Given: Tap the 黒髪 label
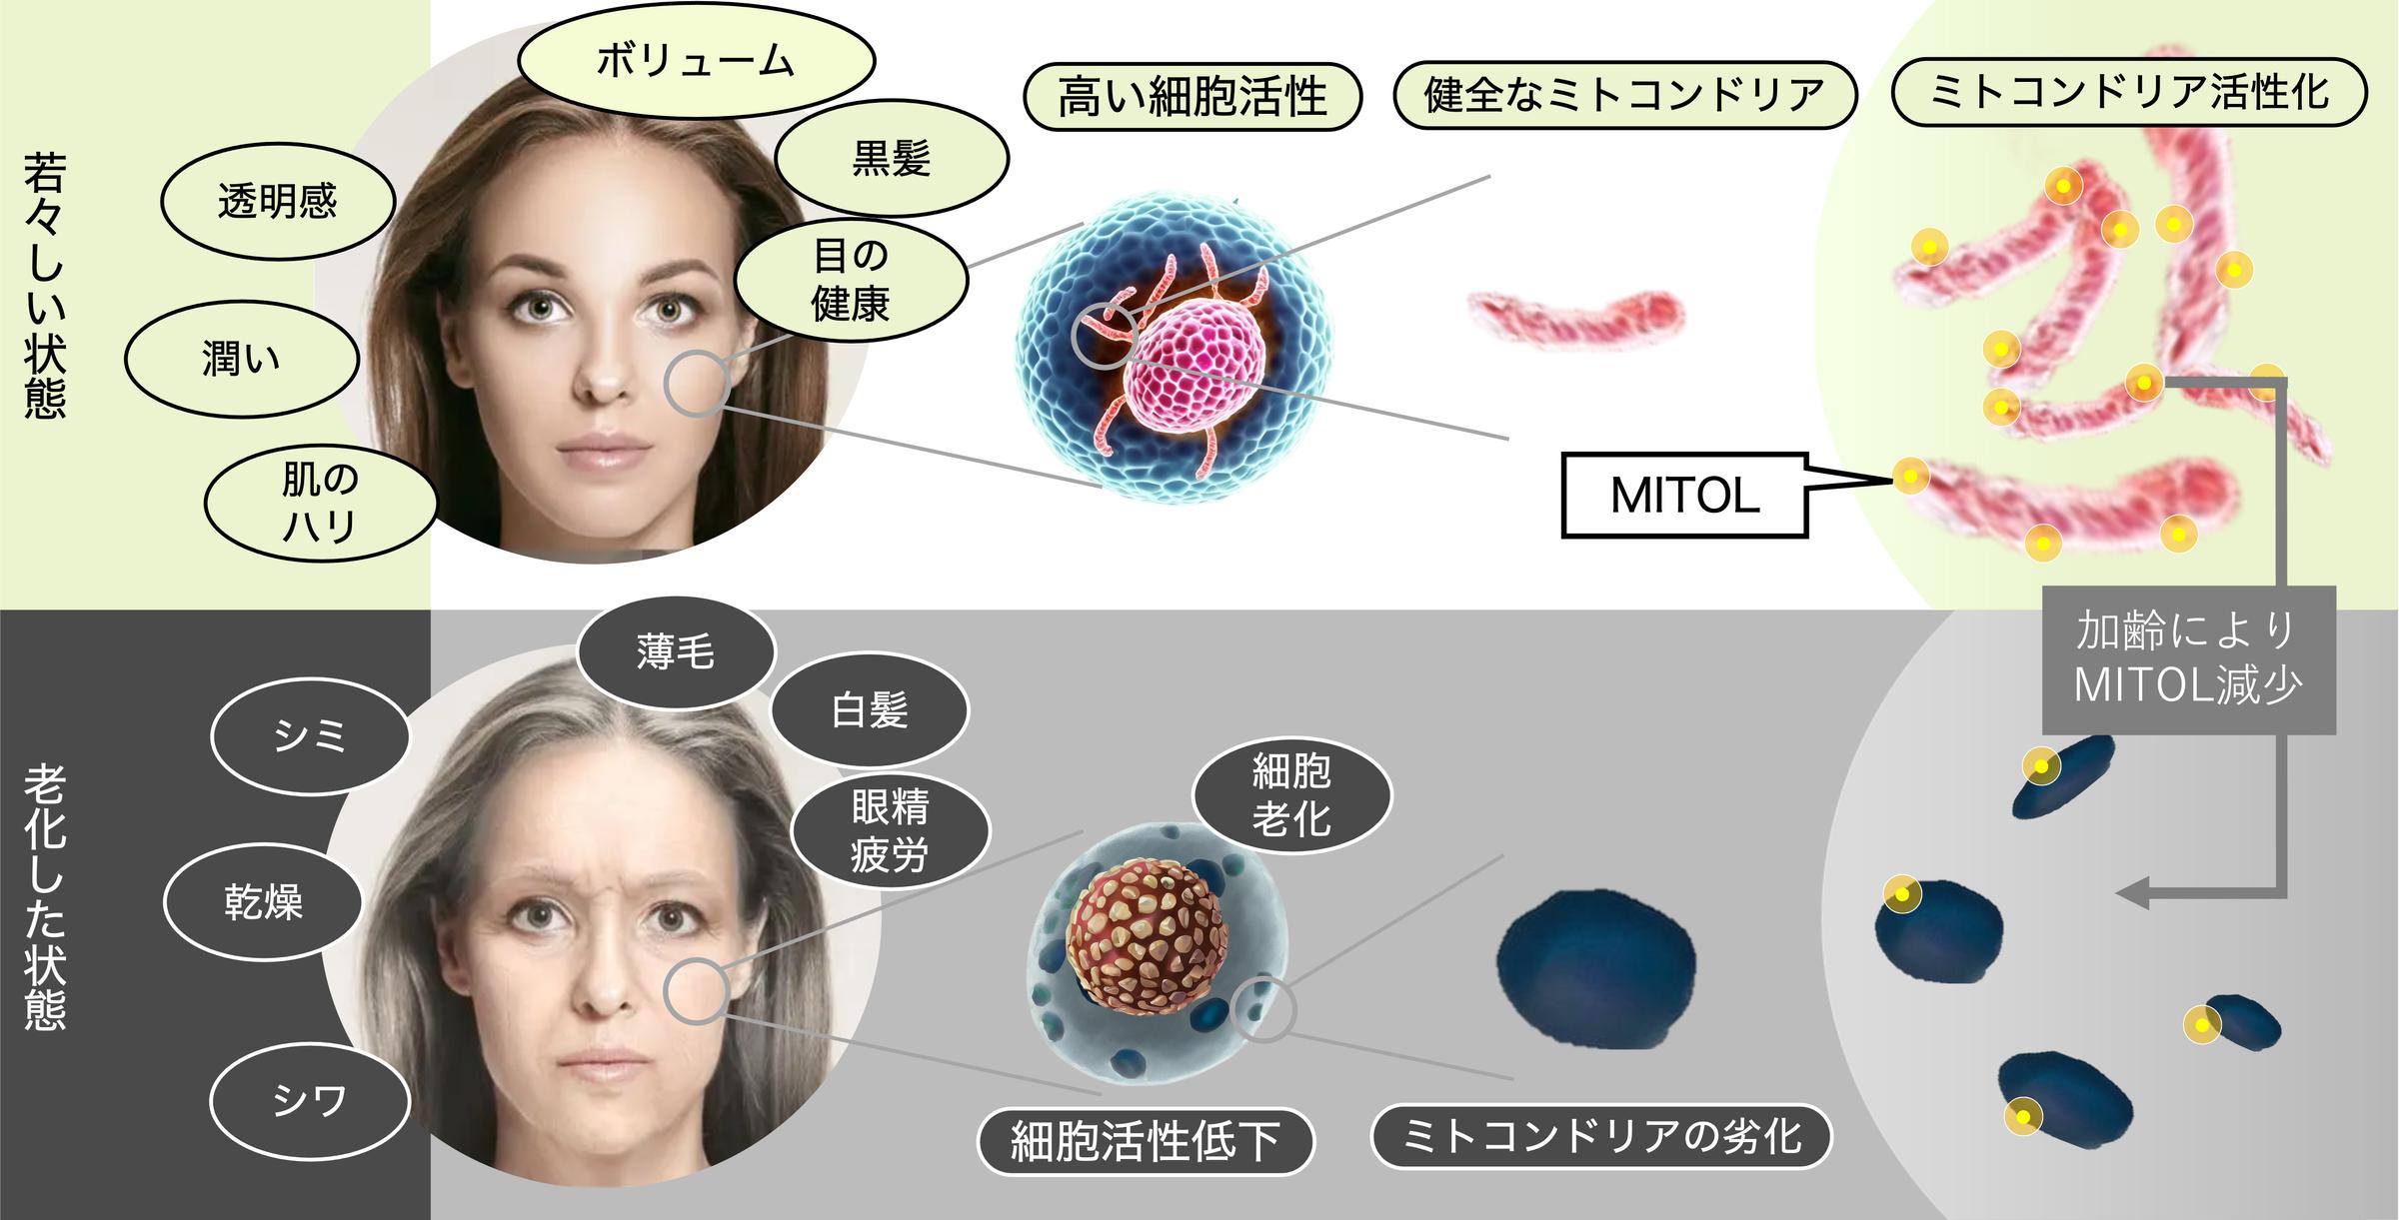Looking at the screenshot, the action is coord(891,158).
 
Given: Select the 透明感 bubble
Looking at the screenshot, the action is coord(278,203).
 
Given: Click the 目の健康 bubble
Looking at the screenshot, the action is coord(851,280).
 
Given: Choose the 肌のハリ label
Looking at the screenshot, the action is coord(320,504).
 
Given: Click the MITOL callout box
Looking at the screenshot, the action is coord(1685,496).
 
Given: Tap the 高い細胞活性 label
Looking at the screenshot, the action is coord(1193,97).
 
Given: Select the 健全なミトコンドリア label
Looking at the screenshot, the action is coord(1625,96).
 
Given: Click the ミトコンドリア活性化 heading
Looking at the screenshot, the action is coord(2130,93).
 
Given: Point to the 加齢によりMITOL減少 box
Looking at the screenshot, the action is coord(2189,660).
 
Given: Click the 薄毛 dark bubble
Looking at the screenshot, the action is coord(676,652).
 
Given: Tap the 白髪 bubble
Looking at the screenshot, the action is coord(870,710).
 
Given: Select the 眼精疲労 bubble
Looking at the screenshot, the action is coord(890,831).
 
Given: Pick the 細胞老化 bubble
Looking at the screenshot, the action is coord(1291,796).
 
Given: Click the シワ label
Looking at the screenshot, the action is coord(311,1101).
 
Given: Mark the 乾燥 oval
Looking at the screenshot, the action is coord(263,902).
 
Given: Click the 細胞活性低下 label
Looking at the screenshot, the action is coord(1146,1141).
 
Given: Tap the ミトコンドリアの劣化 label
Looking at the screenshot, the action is coord(1601,1136).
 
